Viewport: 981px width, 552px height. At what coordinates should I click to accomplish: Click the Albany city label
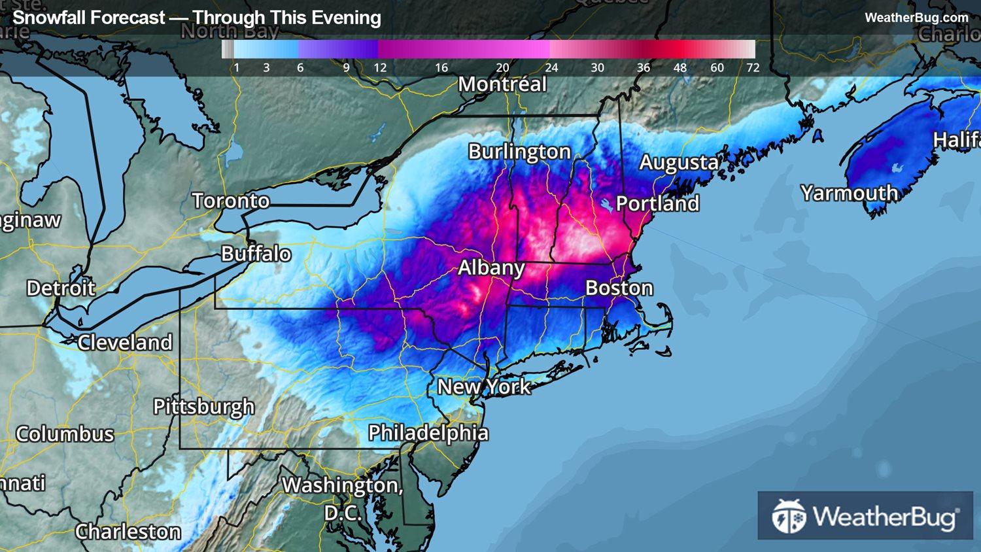[x=490, y=267]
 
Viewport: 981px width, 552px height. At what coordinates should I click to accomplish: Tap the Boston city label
[x=619, y=288]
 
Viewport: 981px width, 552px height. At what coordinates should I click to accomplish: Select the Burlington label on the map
[x=519, y=152]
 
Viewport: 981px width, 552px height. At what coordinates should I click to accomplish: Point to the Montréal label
[x=502, y=84]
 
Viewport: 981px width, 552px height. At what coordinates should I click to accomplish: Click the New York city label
[x=484, y=387]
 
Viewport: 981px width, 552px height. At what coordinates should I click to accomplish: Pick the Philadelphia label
[x=428, y=433]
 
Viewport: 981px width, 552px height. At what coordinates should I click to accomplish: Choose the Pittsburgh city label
[x=203, y=407]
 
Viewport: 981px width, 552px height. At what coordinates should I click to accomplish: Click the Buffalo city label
[x=256, y=254]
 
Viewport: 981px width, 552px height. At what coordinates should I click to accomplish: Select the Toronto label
[x=230, y=201]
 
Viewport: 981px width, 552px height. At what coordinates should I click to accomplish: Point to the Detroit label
[x=61, y=288]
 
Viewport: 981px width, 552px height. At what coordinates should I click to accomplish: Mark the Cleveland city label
[x=125, y=342]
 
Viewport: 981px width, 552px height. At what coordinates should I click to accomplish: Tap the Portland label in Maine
[x=657, y=203]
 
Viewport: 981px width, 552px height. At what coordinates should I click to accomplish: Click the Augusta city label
[x=679, y=162]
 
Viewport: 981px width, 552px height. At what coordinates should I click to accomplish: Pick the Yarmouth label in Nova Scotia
[x=849, y=193]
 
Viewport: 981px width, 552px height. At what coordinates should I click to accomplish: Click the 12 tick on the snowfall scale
[x=380, y=67]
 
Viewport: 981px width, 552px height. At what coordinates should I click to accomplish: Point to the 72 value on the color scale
[x=753, y=67]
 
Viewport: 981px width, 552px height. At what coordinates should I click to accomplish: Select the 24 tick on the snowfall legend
[x=552, y=67]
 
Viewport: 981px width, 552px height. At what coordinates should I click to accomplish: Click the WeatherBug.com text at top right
[x=916, y=18]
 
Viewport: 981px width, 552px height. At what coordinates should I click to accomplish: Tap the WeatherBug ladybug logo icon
[x=788, y=516]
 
